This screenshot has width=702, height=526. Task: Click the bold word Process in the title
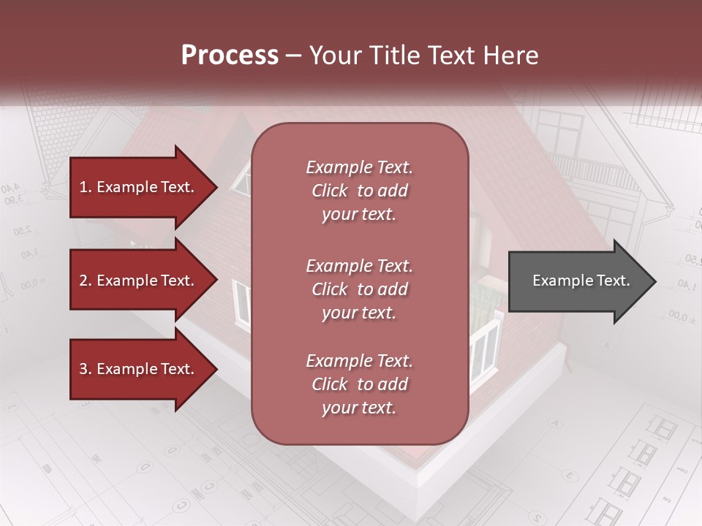pyautogui.click(x=230, y=55)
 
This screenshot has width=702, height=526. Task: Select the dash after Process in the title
pyautogui.click(x=293, y=56)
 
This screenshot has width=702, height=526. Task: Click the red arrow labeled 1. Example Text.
pyautogui.click(x=139, y=187)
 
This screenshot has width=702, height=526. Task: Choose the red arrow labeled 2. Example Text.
pyautogui.click(x=139, y=281)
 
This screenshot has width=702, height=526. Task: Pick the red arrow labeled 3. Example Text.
pyautogui.click(x=139, y=369)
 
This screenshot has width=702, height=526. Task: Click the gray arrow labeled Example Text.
pyautogui.click(x=578, y=281)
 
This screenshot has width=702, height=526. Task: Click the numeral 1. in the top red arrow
pyautogui.click(x=85, y=187)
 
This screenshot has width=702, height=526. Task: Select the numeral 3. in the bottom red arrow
pyautogui.click(x=85, y=369)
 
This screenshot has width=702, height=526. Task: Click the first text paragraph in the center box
pyautogui.click(x=359, y=191)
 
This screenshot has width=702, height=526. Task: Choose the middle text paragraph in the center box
pyautogui.click(x=359, y=289)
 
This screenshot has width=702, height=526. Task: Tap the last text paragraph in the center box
pyautogui.click(x=359, y=384)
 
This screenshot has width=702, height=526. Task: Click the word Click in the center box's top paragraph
pyautogui.click(x=330, y=191)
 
